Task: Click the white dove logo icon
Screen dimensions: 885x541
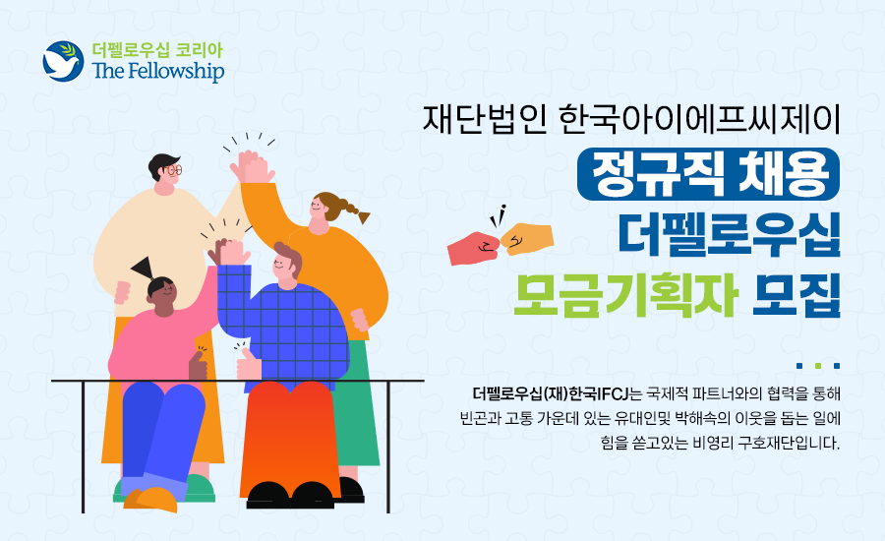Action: pyautogui.click(x=63, y=61)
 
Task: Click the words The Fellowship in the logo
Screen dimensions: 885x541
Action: pyautogui.click(x=158, y=71)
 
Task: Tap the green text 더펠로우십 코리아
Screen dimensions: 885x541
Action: pyautogui.click(x=157, y=50)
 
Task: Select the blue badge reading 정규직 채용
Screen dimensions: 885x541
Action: pyautogui.click(x=708, y=174)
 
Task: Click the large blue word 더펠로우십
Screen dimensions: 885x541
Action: pyautogui.click(x=730, y=234)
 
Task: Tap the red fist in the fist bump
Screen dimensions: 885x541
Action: pyautogui.click(x=474, y=248)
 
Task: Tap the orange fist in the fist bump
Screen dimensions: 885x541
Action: pyautogui.click(x=527, y=239)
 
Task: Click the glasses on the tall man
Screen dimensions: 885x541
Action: pyautogui.click(x=173, y=169)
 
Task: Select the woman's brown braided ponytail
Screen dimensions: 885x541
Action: pyautogui.click(x=349, y=209)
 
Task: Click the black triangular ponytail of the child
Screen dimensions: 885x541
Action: pyautogui.click(x=144, y=268)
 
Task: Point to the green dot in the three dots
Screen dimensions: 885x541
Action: pyautogui.click(x=818, y=366)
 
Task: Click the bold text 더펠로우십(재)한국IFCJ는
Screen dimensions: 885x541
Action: pyautogui.click(x=558, y=393)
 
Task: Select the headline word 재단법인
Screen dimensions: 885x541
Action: pyautogui.click(x=485, y=119)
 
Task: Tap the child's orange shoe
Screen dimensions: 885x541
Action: pyautogui.click(x=150, y=499)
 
